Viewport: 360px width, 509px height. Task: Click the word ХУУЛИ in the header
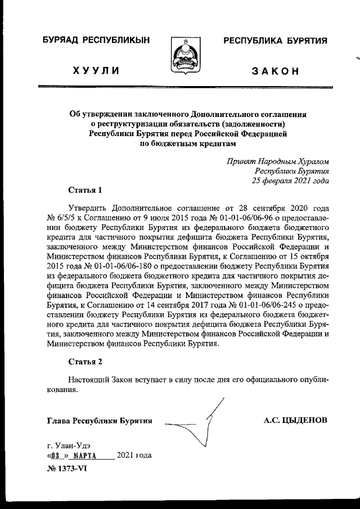[95, 70]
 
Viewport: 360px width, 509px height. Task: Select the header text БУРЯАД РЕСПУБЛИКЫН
[96, 40]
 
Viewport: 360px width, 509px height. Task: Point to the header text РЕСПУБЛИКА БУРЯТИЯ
[276, 40]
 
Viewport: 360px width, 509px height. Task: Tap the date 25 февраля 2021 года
[290, 181]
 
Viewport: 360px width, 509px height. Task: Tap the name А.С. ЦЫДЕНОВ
[295, 420]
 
